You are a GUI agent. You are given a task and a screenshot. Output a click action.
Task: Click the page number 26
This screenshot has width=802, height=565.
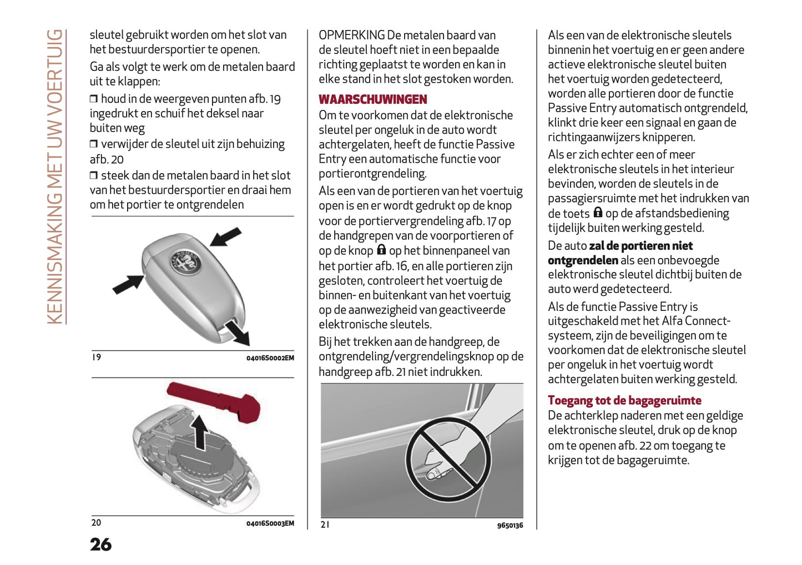coord(100,544)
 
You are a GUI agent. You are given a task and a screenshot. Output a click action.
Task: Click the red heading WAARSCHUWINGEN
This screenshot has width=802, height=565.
coord(372,99)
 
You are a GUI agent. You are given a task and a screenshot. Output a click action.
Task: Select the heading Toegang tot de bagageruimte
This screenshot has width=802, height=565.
coord(624,400)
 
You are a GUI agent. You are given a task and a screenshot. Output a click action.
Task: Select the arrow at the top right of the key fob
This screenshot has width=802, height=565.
coord(226,236)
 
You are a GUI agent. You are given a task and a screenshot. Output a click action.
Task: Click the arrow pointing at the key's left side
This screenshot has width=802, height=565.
coord(128,284)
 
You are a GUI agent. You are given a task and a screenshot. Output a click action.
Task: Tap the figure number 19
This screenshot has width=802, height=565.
coord(97,357)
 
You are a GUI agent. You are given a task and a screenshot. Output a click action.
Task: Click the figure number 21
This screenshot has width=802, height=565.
coord(325,524)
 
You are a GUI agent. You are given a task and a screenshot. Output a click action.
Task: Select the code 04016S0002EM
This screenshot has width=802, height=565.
coord(270,358)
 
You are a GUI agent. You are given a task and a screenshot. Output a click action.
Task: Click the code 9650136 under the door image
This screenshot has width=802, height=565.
coord(510,525)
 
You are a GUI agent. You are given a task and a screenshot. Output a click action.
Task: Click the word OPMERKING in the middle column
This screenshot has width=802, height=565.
coord(351,35)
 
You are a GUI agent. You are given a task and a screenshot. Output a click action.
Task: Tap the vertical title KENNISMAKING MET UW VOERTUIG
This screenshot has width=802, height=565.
coord(55,176)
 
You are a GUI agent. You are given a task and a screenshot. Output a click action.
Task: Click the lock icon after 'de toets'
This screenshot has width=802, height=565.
coord(598,213)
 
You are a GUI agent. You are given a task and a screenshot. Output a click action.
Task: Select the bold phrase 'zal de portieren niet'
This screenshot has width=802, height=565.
coord(640,245)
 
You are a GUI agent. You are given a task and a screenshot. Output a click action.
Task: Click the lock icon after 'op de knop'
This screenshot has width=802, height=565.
coord(381,250)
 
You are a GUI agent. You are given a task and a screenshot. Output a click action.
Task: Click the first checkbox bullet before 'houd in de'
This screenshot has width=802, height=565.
coord(94,99)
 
